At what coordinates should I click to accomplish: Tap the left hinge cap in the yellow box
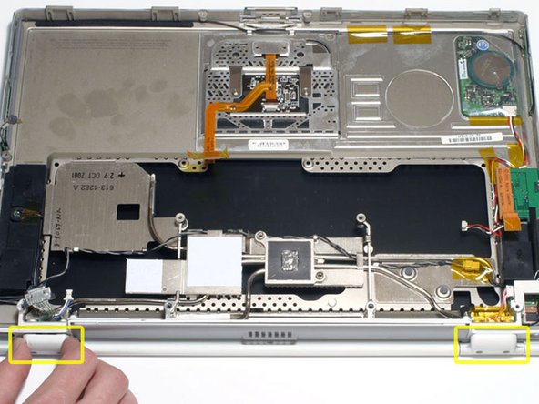click(x=46, y=344)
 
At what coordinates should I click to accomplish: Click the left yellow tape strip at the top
click(x=370, y=36)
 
